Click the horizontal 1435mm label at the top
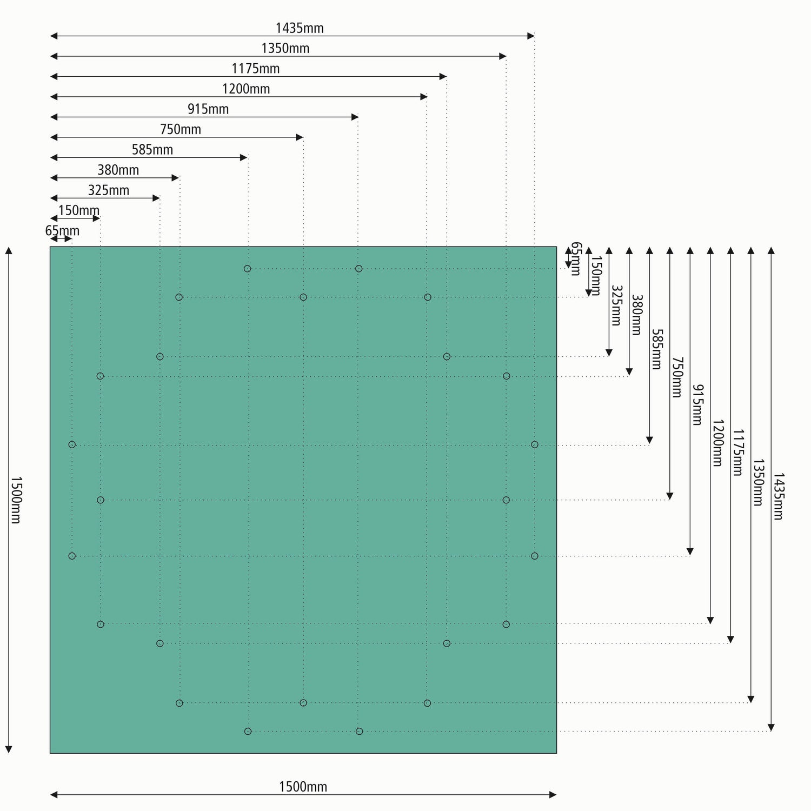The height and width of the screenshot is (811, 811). coord(300,28)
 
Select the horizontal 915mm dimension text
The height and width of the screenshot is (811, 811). coord(208,109)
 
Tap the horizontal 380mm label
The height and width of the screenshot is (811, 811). coord(118,170)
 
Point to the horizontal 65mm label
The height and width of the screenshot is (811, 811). coord(62,231)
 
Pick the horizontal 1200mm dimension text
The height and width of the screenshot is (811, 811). coord(246,89)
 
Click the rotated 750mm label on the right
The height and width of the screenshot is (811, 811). coord(677,377)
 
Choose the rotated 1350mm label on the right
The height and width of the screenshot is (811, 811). coord(758,482)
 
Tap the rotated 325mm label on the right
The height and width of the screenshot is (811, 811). coord(616,305)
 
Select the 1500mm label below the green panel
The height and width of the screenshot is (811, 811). coord(303,787)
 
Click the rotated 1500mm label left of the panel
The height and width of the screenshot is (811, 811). coord(15,500)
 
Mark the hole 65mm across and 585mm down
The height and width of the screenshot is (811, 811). coord(72,444)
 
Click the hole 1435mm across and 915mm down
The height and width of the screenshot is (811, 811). coord(535,556)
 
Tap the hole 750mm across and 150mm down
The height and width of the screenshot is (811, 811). coord(303,297)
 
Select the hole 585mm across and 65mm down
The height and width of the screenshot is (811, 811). coord(247,269)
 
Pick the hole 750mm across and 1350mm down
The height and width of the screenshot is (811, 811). coord(303,703)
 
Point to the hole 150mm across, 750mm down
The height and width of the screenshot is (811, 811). coord(101,500)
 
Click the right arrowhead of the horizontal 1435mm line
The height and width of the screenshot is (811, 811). coord(531,36)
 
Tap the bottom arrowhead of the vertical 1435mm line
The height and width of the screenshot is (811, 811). coord(772,728)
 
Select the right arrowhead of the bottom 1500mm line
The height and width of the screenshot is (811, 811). coord(553,795)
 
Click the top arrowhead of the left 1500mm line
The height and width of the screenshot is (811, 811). coord(9,251)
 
